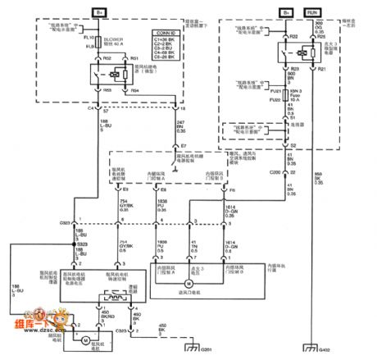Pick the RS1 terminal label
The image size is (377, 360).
[x=134, y=59]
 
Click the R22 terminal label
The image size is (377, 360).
[x=294, y=37]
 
